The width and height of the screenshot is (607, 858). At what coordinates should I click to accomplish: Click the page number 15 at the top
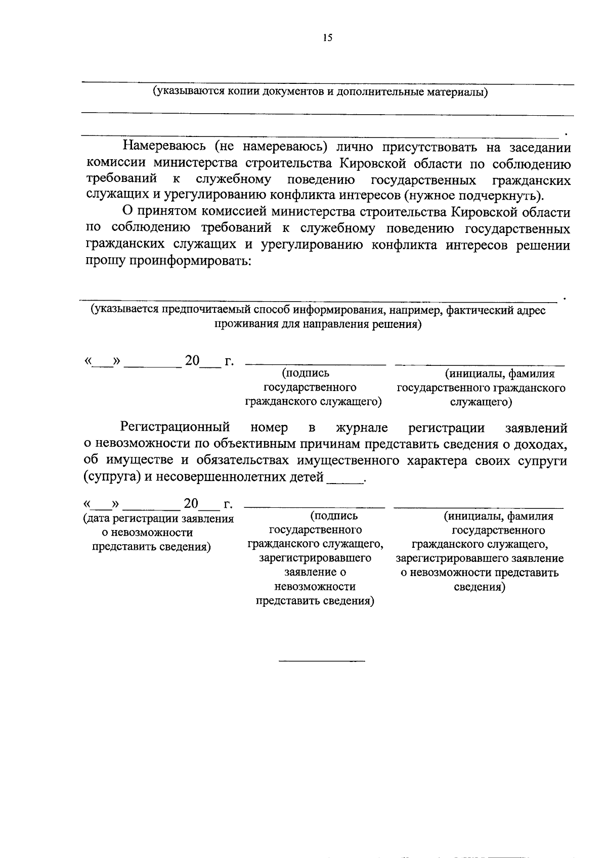click(x=327, y=37)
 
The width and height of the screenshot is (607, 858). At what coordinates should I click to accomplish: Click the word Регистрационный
click(x=175, y=427)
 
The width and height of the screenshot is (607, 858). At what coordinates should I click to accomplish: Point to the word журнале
click(x=362, y=427)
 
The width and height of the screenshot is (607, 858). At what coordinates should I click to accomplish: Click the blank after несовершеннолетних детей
click(x=344, y=478)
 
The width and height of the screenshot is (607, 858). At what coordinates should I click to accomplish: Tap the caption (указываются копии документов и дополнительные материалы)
click(x=321, y=92)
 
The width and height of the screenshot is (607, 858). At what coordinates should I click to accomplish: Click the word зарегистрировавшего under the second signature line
click(x=315, y=558)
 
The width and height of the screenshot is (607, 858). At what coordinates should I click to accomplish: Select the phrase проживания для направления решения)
click(x=318, y=324)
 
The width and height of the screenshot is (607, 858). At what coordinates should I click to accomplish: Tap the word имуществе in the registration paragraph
click(x=139, y=460)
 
